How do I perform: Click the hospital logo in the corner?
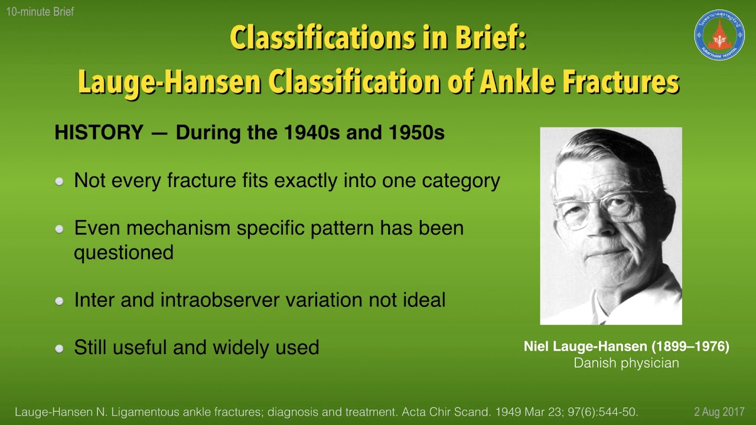(x=719, y=35)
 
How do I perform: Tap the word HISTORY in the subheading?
(x=99, y=132)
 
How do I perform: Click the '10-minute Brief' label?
(x=40, y=12)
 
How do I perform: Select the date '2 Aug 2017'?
(x=719, y=412)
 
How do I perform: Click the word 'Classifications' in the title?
(x=321, y=38)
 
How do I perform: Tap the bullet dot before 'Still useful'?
(x=59, y=348)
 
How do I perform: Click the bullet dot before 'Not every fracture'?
(x=59, y=182)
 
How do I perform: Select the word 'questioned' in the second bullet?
(x=123, y=253)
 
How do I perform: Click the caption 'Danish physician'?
(x=626, y=363)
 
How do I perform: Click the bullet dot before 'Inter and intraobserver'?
(x=59, y=301)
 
